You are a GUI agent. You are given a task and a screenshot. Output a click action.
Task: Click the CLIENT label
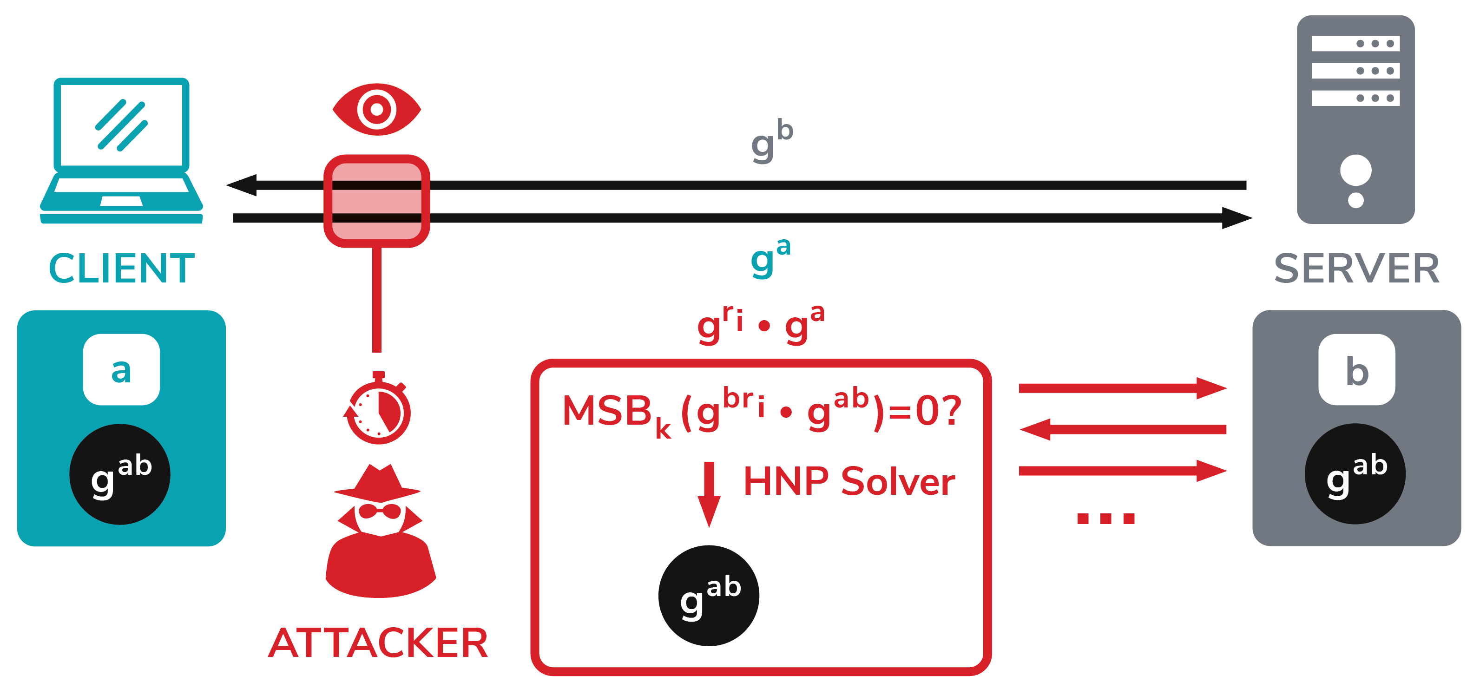pyautogui.click(x=122, y=269)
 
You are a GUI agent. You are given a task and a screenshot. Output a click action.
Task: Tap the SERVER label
pyautogui.click(x=1356, y=269)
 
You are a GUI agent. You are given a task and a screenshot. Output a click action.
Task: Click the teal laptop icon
pyautogui.click(x=121, y=151)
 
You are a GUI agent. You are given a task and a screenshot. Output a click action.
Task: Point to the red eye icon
pyautogui.click(x=377, y=109)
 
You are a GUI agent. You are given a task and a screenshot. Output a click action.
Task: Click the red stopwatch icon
pyautogui.click(x=378, y=408)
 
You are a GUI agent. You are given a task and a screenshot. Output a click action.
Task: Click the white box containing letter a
pyautogui.click(x=121, y=369)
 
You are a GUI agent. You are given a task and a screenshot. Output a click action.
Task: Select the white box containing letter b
pyautogui.click(x=1356, y=369)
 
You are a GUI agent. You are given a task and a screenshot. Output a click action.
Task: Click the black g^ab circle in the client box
pyautogui.click(x=120, y=474)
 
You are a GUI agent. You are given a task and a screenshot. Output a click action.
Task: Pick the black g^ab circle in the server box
pyautogui.click(x=1355, y=474)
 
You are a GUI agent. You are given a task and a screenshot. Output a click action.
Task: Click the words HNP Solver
pyautogui.click(x=849, y=481)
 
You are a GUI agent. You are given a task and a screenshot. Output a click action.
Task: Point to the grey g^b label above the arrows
pyautogui.click(x=772, y=141)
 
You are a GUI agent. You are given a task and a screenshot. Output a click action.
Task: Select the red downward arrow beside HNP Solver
pyautogui.click(x=709, y=494)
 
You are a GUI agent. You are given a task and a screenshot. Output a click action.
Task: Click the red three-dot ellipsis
pyautogui.click(x=1106, y=518)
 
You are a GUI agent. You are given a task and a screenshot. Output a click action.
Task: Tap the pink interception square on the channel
pyautogui.click(x=377, y=201)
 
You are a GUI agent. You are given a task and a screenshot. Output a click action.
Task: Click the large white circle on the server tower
pyautogui.click(x=1356, y=171)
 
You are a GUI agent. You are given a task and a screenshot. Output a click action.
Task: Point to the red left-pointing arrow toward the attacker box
pyautogui.click(x=1123, y=429)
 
